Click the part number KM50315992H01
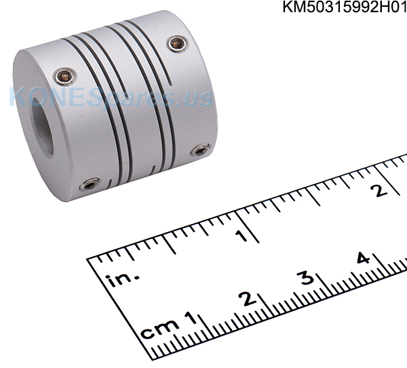pos(345,7)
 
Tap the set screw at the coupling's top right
pos(177,43)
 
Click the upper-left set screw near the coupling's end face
pos(64,76)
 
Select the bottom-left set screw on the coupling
pos(90,184)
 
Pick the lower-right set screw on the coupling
pos(200,150)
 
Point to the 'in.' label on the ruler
pos(122,279)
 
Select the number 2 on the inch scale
pos(379,190)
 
